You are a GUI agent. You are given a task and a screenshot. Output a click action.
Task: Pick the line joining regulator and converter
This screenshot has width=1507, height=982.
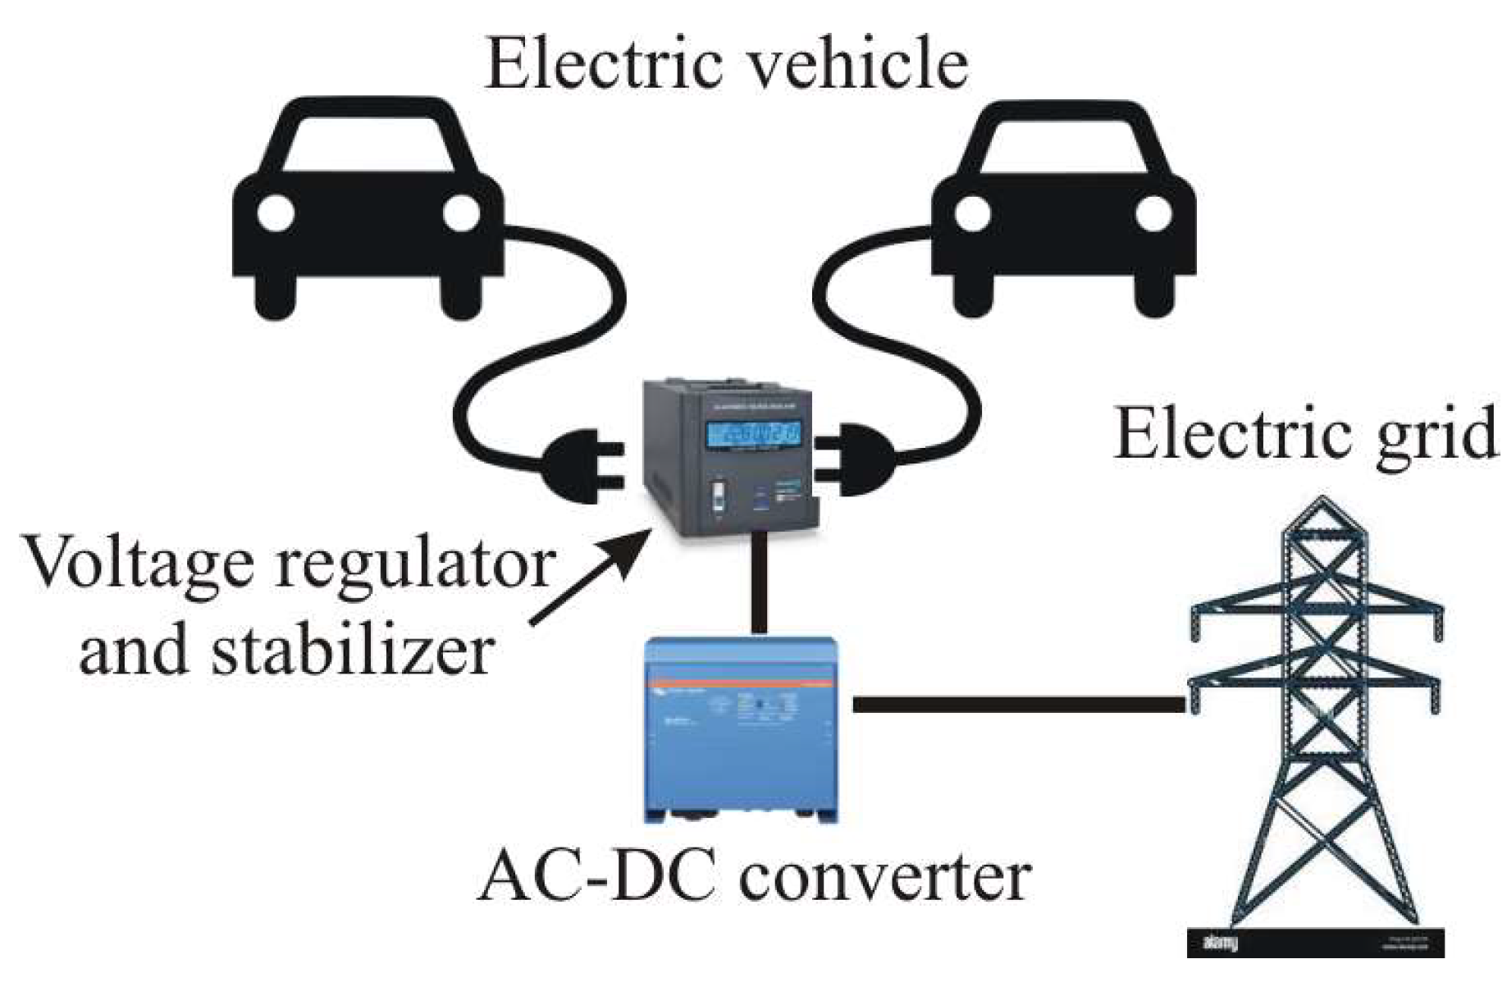click(759, 582)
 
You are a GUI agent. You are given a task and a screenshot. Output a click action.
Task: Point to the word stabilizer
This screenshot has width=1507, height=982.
click(353, 652)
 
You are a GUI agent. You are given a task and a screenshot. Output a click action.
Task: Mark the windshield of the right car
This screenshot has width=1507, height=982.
click(1063, 148)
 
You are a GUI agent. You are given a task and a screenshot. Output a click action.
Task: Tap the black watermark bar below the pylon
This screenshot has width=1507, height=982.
click(1315, 942)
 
